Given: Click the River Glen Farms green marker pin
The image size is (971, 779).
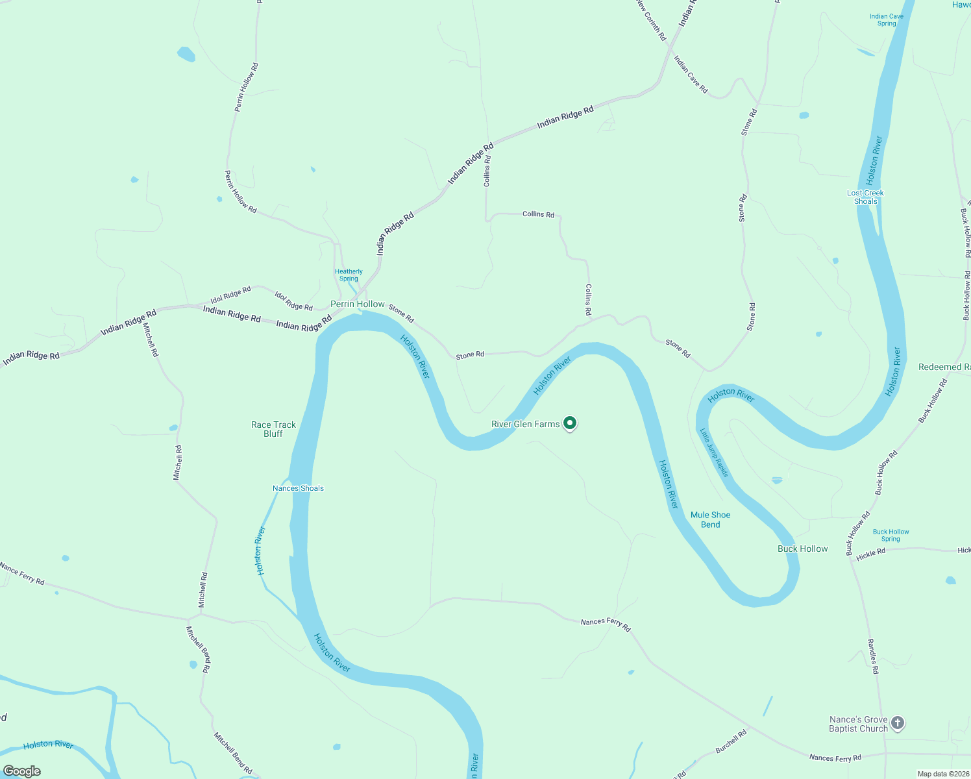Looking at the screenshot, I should [x=570, y=423].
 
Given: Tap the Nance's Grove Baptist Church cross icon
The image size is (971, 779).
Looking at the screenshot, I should [x=897, y=723].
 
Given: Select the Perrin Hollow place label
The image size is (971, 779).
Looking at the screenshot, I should [x=358, y=304].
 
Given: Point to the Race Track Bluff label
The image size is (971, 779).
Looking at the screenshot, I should [x=273, y=429].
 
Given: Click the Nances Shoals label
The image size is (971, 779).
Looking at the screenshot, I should [x=298, y=488].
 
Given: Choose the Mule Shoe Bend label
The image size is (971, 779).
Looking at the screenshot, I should [x=710, y=519].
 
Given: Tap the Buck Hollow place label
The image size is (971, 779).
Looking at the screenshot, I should [x=802, y=549].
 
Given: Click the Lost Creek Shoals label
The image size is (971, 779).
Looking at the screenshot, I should [x=865, y=197].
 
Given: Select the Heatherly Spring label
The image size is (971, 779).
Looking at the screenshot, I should [x=349, y=275].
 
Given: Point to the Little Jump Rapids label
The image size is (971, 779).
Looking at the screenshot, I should [x=714, y=452].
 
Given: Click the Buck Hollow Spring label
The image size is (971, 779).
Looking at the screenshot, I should [x=891, y=535].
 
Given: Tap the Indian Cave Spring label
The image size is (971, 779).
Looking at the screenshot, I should [x=886, y=20].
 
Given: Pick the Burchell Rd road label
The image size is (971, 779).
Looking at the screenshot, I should [x=731, y=741].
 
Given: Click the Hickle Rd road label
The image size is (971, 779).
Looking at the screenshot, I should [x=870, y=554].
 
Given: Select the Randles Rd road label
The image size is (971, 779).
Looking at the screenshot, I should [x=873, y=656].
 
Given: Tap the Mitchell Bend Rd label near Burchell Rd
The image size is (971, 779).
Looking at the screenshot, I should [x=232, y=753].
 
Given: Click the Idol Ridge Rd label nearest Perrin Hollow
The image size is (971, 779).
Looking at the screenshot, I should [x=293, y=301].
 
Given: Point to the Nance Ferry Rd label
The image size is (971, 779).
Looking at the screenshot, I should [x=22, y=573].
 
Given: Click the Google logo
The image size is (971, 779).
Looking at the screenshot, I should [x=22, y=771].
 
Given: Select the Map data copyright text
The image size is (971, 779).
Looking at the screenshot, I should [x=942, y=774].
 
